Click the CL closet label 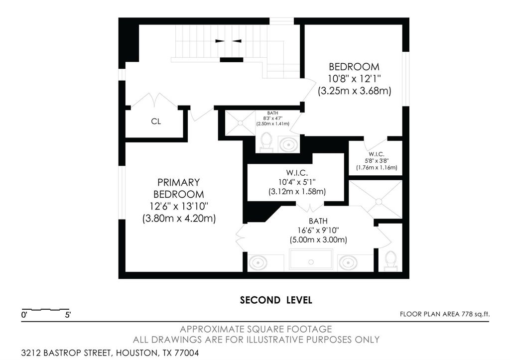tap(156, 121)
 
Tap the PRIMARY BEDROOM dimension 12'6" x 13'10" tap(179, 206)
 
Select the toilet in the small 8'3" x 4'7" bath tap(267, 142)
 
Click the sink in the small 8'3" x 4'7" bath tap(288, 144)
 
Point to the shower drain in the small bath tap(240, 123)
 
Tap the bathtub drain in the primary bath tap(311, 261)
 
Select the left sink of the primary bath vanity tap(258, 262)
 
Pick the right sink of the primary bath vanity tap(347, 262)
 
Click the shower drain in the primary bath tap(379, 202)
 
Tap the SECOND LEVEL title tap(276, 300)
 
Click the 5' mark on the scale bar tap(68, 315)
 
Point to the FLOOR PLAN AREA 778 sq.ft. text tap(444, 314)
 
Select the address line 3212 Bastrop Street tap(110, 353)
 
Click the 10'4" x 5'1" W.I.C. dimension tap(297, 182)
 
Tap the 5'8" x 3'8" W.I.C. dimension tap(377, 161)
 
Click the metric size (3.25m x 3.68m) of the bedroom tap(354, 91)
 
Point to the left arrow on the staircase tap(220, 41)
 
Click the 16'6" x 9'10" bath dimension tap(318, 230)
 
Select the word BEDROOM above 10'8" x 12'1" tap(354, 67)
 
